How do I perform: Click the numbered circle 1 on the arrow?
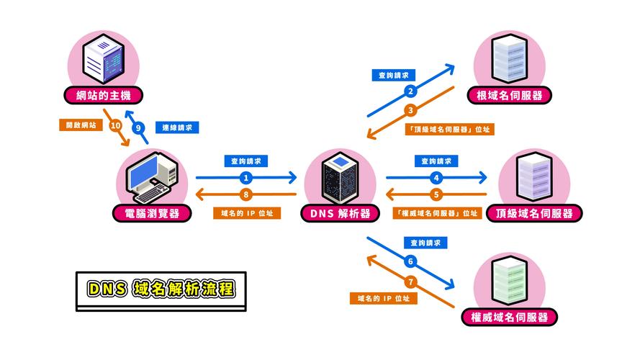246,177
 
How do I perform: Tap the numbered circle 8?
246,194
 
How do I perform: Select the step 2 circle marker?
410,91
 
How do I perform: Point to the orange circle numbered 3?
410,110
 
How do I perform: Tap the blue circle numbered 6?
410,261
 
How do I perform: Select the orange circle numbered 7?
410,281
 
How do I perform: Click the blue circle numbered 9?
138,128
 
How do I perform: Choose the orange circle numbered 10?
115,125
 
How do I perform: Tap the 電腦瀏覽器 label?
152,213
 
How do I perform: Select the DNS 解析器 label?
341,213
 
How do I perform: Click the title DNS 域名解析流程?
161,289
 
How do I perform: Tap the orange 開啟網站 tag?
79,125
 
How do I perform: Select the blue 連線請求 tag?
176,127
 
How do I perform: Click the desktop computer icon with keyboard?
152,178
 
